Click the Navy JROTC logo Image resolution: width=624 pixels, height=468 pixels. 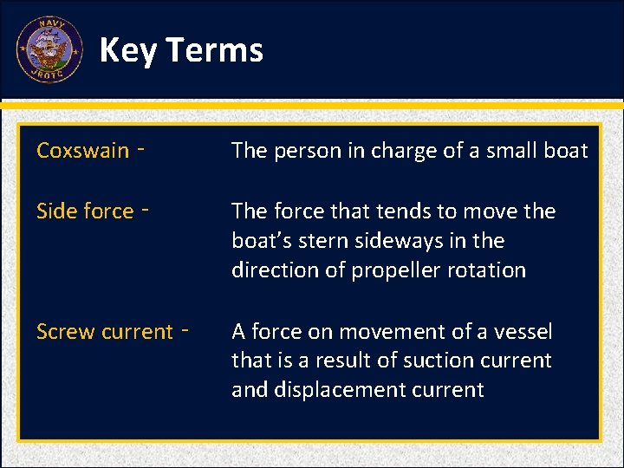click(49, 49)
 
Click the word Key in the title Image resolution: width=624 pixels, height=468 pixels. click(128, 50)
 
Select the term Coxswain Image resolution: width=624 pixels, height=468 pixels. click(82, 151)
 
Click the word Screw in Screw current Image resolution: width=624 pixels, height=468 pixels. click(67, 332)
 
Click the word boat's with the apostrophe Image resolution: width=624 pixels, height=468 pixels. click(261, 241)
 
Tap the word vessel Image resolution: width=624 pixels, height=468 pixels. click(523, 332)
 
